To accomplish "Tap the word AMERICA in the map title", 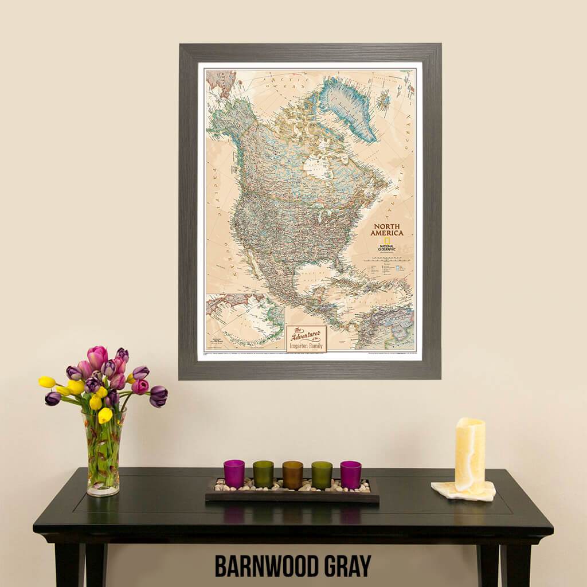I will click(386, 233).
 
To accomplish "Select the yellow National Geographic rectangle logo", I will click(387, 241).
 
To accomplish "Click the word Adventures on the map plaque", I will click(307, 335).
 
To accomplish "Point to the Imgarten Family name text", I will click(307, 346).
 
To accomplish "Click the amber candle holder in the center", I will click(292, 475).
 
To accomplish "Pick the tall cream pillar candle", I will click(470, 455).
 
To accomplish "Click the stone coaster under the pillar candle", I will click(463, 492).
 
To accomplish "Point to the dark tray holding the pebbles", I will click(292, 496).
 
